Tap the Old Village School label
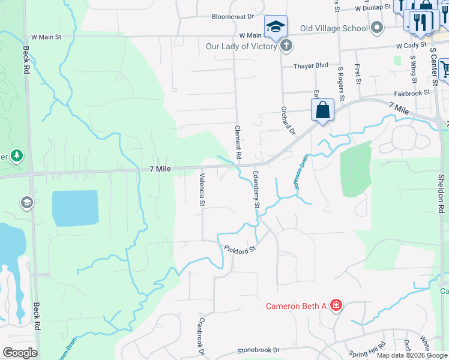click(x=334, y=28)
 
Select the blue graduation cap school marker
click(x=276, y=26)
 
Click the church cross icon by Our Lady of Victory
click(x=286, y=46)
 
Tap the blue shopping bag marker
click(x=322, y=110)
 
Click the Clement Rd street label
click(x=238, y=142)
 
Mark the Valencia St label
click(x=202, y=190)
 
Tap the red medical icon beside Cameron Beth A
click(x=336, y=306)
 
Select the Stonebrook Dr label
click(x=259, y=349)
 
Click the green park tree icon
click(x=17, y=156)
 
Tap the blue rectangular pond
click(x=75, y=207)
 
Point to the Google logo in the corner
click(x=20, y=353)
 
